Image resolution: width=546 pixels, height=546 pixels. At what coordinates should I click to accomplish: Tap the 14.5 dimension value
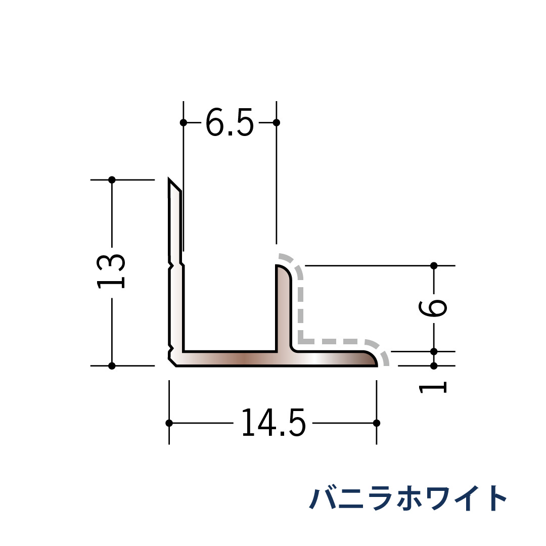coord(272,423)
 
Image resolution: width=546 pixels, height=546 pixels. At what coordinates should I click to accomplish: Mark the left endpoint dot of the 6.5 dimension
coord(184,122)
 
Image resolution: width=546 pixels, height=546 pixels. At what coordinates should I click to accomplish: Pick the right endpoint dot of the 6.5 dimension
coord(276,122)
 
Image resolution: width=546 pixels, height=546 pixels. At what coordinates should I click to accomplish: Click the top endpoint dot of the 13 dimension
coord(112,179)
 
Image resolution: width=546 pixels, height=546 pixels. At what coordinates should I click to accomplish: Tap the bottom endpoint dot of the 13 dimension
coord(112,366)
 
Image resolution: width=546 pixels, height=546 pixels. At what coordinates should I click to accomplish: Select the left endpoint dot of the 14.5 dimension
coord(169,423)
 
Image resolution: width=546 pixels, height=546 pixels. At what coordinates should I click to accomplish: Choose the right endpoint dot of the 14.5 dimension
coord(376,423)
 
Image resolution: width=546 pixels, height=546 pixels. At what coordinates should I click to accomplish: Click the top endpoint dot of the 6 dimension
coord(434,265)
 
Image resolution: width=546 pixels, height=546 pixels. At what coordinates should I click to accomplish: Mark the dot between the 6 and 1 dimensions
coord(434,351)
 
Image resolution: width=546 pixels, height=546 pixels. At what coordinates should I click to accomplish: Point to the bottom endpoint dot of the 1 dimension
coord(434,365)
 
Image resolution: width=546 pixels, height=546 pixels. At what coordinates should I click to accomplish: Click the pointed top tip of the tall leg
coord(170,180)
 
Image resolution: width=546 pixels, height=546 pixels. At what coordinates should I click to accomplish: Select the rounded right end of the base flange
coord(373,358)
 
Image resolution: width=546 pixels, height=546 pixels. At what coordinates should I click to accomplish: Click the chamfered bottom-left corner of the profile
coord(172,362)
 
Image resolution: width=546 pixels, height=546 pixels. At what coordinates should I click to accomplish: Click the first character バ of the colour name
coord(321,498)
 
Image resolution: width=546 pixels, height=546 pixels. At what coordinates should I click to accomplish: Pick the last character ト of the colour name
coord(496,498)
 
